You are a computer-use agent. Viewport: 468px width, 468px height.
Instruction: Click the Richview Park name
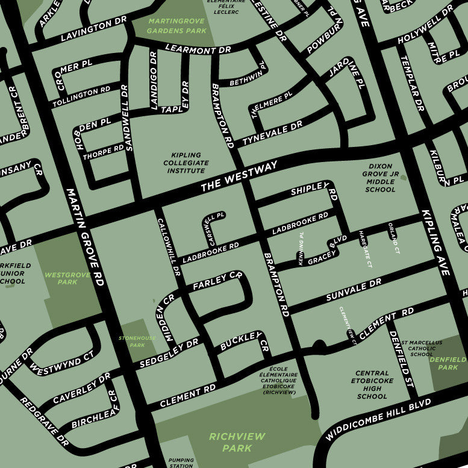(231, 442)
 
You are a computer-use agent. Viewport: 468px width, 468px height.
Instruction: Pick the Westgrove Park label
(67, 278)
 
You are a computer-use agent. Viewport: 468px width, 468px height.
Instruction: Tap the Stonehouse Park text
(137, 342)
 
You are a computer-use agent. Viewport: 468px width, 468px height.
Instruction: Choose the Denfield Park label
(448, 363)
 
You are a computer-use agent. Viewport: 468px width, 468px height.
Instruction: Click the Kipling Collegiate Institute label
(186, 163)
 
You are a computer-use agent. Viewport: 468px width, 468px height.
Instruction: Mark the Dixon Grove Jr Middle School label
(380, 178)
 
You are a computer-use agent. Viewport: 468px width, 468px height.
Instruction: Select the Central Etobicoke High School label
(372, 385)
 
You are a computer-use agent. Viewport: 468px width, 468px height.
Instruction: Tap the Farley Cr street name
(217, 282)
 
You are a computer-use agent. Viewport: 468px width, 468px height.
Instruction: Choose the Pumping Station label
(181, 462)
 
